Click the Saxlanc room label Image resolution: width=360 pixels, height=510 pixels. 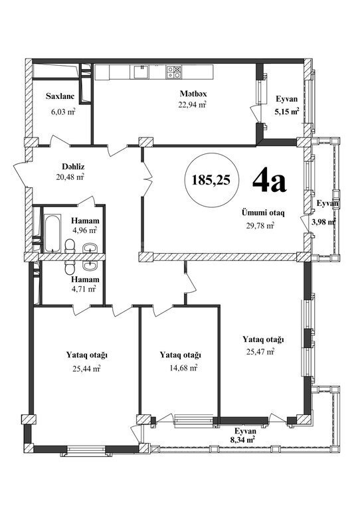60,96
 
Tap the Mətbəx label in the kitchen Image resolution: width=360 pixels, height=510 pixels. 193,94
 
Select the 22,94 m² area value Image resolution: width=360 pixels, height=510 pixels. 193,105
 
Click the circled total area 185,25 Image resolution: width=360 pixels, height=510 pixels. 211,179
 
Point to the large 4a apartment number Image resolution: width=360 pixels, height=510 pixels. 269,181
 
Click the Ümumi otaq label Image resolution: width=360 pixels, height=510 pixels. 263,213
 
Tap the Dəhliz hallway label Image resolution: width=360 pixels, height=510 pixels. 73,167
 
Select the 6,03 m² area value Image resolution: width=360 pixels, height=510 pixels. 63,112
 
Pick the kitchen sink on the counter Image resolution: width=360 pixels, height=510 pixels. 141,72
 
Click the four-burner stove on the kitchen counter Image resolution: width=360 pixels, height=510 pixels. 173,72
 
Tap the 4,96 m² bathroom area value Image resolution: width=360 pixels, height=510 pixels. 85,230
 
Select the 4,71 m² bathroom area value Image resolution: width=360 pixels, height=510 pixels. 84,288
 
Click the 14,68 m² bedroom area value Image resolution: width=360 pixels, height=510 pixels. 183,368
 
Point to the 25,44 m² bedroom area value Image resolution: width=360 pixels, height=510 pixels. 86,369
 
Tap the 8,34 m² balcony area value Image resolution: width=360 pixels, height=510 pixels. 242,440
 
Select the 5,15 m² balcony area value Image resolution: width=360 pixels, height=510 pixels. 287,112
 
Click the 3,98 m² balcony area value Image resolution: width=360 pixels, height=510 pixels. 324,222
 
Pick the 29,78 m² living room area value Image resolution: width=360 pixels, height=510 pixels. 260,225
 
